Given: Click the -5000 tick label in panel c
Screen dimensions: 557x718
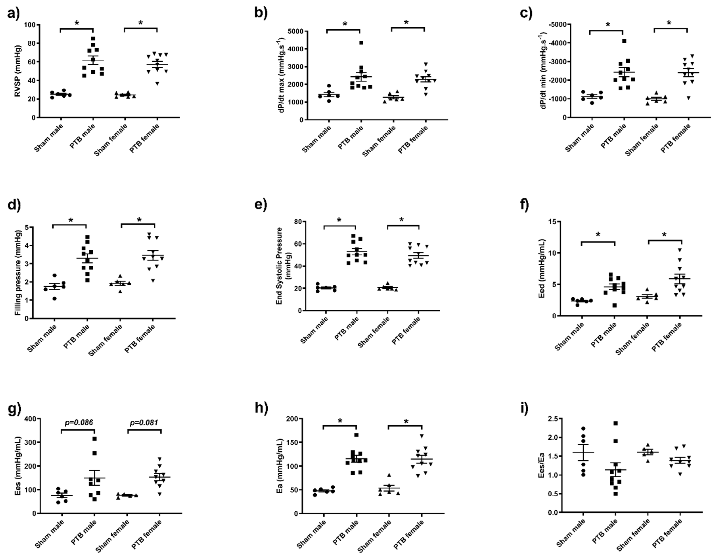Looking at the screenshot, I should pyautogui.click(x=557, y=25).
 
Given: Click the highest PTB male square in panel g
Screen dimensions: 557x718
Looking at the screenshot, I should pyautogui.click(x=95, y=439).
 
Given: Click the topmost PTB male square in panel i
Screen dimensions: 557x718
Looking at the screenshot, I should pyautogui.click(x=616, y=423).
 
